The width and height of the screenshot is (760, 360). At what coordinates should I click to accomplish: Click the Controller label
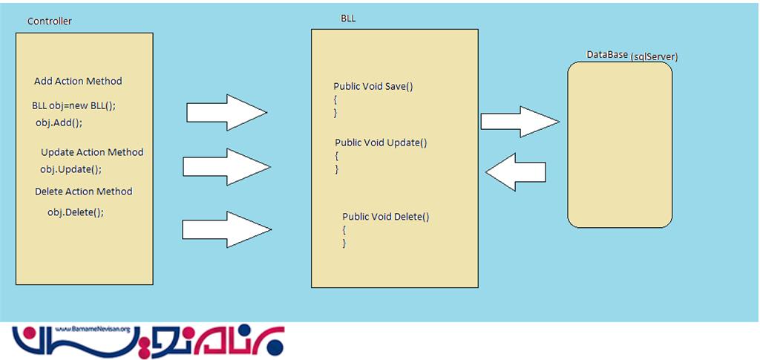49,22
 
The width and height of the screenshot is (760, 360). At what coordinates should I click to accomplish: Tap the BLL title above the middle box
347,19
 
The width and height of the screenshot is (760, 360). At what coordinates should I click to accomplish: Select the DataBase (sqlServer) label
632,56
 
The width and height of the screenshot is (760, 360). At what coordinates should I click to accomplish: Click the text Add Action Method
78,81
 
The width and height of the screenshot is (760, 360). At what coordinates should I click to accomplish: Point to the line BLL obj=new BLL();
73,105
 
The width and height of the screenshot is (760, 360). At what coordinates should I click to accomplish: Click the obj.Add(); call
59,122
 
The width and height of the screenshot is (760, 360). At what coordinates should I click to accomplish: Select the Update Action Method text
92,152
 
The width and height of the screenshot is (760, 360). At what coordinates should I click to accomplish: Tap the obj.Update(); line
71,169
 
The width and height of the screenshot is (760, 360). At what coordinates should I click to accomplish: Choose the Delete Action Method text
83,192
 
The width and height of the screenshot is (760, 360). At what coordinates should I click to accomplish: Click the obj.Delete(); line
76,212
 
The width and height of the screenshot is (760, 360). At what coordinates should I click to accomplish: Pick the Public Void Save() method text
373,86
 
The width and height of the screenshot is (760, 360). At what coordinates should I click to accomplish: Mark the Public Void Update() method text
381,143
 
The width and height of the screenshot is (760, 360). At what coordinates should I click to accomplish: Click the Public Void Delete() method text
386,217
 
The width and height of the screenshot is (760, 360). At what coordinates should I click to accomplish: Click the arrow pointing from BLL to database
520,122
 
